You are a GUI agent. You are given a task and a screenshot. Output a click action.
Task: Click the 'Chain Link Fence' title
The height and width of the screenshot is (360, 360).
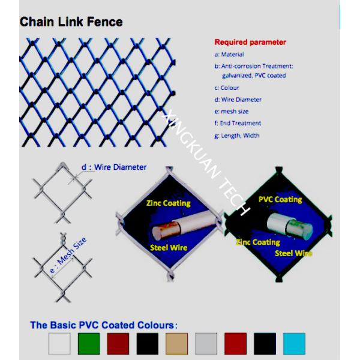[x=71, y=22]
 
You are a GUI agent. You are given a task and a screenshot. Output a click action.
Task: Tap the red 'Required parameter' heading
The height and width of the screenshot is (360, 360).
[x=250, y=42]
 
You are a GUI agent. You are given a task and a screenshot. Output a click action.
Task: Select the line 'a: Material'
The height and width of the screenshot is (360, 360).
[x=229, y=55]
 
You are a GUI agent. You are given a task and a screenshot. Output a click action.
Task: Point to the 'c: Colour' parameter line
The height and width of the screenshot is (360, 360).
[x=227, y=88]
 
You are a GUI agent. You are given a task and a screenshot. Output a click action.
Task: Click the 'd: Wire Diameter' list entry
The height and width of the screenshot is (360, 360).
[x=238, y=100]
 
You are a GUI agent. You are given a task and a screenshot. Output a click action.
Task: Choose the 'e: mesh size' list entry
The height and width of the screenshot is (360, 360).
[x=232, y=112]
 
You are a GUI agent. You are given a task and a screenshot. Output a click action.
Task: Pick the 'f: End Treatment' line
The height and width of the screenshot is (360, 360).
[x=238, y=123]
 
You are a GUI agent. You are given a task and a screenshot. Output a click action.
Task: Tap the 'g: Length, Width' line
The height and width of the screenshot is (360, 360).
[x=237, y=136]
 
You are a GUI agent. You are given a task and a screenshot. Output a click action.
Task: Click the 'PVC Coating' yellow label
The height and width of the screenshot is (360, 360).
[x=280, y=200]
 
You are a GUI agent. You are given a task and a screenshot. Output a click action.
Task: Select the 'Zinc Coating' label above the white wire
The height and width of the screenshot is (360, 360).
[x=168, y=203]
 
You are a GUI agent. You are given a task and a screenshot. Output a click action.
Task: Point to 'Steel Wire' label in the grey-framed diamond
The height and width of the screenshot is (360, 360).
[x=169, y=248]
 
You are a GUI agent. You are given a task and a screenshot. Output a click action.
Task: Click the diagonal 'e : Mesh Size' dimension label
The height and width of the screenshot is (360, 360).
[x=68, y=256]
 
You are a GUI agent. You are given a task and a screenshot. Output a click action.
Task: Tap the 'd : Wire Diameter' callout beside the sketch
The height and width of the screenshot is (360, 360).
[x=114, y=167]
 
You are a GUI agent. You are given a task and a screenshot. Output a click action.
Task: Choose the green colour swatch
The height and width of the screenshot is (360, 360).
[x=89, y=344]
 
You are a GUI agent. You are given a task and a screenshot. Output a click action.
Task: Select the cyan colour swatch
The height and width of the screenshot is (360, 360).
[x=294, y=344]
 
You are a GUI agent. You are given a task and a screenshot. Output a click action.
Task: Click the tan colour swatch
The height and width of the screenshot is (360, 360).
[x=176, y=344]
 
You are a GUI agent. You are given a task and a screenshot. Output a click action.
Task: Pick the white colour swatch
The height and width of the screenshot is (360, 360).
[x=59, y=344]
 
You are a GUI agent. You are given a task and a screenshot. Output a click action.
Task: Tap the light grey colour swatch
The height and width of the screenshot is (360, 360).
[x=206, y=344]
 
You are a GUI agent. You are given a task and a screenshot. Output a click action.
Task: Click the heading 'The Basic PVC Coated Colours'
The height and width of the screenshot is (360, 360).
[x=104, y=325]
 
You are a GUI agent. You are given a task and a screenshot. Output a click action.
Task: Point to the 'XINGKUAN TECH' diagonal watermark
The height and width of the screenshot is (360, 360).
[x=205, y=163]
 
